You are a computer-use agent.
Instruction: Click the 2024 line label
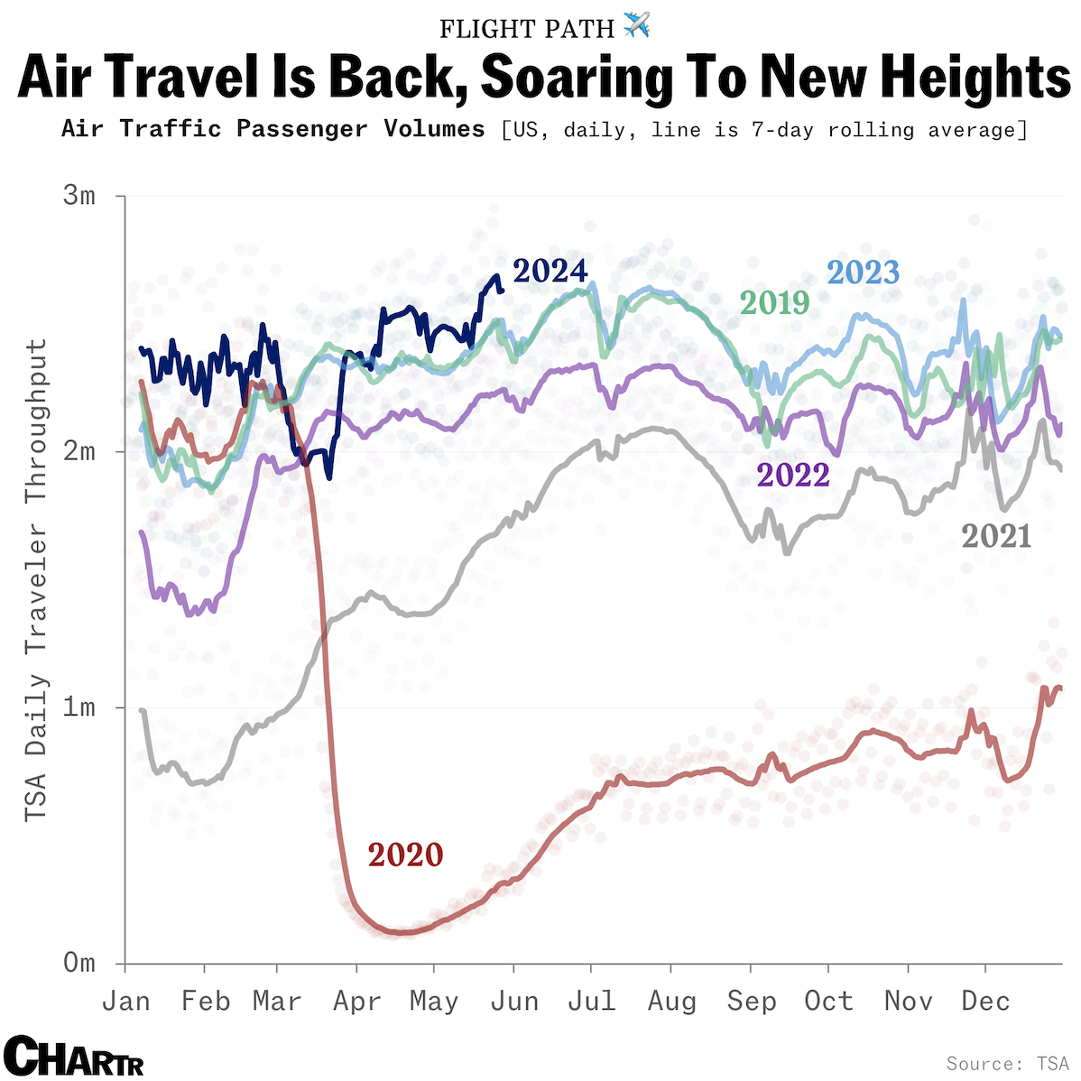pos(550,271)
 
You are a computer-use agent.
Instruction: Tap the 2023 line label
pos(864,273)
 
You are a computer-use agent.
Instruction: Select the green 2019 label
pos(774,302)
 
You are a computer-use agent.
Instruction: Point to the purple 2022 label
pos(793,475)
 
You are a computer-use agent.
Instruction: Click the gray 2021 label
pos(996,536)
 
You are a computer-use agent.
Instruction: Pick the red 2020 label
pos(405,855)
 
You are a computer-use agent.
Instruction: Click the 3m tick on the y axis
pos(79,196)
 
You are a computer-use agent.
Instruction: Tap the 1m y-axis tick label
pos(79,707)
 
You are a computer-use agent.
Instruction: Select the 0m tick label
pos(79,963)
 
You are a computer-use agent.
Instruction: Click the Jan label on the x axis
pos(125,1002)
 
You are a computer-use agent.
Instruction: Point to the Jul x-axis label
pos(591,1002)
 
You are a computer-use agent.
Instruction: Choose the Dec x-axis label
pos(985,1002)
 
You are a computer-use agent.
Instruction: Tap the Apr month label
pos(357,1002)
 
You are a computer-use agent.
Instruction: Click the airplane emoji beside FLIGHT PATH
pos(636,26)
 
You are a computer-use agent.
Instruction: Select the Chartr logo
pos(73,1056)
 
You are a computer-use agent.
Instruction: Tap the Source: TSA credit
pos(1007,1064)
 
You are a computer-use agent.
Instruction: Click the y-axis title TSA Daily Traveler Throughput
pos(35,580)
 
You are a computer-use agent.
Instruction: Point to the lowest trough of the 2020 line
pos(402,932)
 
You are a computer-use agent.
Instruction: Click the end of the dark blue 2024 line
pos(502,290)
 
